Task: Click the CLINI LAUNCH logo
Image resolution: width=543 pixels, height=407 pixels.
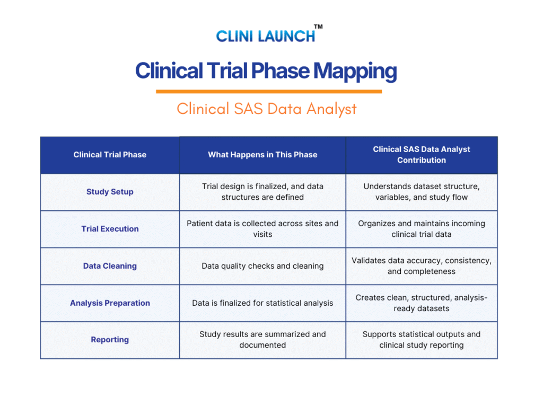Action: [269, 34]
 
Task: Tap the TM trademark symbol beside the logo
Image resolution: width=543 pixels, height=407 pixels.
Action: [318, 26]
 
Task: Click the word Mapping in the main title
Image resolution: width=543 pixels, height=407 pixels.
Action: [355, 71]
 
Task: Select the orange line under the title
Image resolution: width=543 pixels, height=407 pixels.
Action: [269, 91]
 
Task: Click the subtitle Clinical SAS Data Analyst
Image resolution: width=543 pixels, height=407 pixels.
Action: [266, 109]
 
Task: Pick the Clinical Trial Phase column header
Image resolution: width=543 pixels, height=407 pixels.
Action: [110, 155]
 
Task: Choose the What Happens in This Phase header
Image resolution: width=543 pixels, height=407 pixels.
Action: [262, 155]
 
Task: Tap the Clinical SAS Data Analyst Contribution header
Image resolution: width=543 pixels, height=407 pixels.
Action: [422, 155]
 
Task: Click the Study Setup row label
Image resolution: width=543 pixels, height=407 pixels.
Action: [110, 192]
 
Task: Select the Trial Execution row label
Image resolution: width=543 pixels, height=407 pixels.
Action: [110, 229]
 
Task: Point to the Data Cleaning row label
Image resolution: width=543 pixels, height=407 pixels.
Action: [110, 266]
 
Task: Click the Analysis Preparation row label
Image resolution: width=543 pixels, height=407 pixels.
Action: [110, 303]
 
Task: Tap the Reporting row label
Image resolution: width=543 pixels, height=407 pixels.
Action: [110, 340]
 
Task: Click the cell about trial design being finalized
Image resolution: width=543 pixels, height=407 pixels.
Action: [262, 192]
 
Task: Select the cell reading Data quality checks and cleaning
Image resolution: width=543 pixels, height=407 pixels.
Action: [262, 266]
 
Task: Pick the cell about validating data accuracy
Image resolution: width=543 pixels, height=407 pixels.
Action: [422, 266]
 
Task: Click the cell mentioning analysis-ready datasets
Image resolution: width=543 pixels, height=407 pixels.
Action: [422, 303]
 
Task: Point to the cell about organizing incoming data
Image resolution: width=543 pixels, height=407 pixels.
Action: [422, 229]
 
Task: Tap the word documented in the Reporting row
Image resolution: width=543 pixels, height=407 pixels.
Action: [262, 345]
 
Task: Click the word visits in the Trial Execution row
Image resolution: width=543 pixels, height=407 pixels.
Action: [262, 234]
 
